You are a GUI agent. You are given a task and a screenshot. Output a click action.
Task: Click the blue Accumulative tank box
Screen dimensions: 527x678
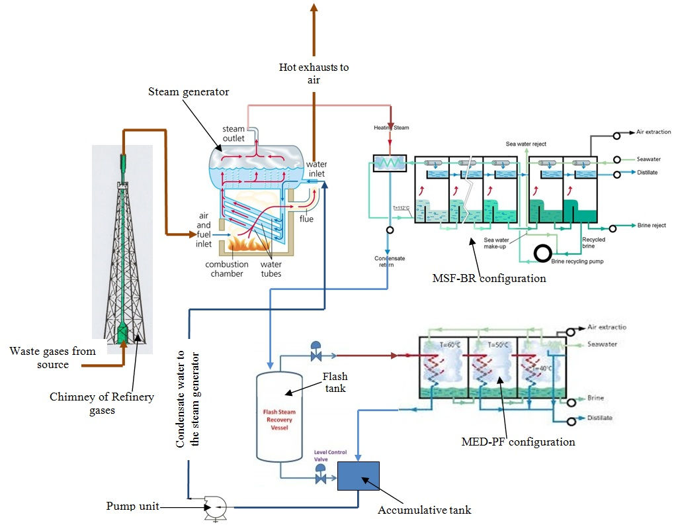pyautogui.click(x=359, y=475)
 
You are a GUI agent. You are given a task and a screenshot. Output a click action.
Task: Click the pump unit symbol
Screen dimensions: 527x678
pyautogui.click(x=215, y=507)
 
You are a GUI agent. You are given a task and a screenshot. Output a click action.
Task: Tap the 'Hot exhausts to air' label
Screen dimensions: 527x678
pyautogui.click(x=314, y=73)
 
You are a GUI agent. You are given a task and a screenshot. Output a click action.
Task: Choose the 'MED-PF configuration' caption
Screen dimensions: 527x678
pyautogui.click(x=519, y=441)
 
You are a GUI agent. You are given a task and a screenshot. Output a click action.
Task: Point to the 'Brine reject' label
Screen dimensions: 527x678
pyautogui.click(x=651, y=226)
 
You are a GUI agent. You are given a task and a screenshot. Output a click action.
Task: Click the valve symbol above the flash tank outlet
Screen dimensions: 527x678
pyautogui.click(x=316, y=350)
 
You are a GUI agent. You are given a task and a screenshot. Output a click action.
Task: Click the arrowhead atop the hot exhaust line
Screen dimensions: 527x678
pyautogui.click(x=314, y=7)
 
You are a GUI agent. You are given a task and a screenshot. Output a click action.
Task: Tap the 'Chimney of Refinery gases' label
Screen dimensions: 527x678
pyautogui.click(x=102, y=403)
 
